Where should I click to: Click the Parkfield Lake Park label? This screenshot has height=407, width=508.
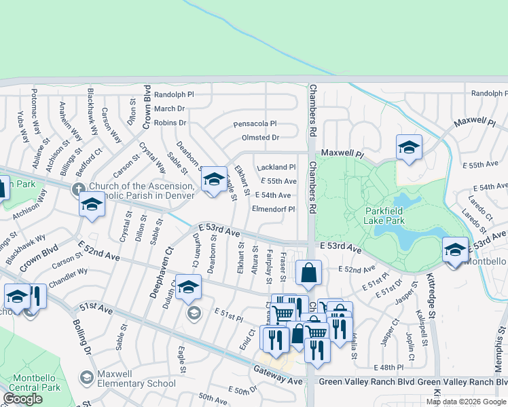[x=384, y=215]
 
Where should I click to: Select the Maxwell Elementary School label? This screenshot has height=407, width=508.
[x=136, y=379]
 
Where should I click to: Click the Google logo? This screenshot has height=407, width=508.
[x=22, y=399]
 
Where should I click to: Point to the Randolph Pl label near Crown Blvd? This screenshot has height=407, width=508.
[x=174, y=95]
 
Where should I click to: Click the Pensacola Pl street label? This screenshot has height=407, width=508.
[x=255, y=124]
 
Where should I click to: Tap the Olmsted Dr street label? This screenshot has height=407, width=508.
[x=261, y=138]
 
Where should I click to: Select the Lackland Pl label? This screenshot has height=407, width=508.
[x=276, y=167]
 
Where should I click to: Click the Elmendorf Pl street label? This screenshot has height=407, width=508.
[x=273, y=209]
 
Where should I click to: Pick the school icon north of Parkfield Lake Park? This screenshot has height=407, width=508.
[x=409, y=147]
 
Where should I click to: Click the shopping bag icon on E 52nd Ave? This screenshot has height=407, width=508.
[x=308, y=273]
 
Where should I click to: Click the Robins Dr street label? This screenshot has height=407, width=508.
[x=170, y=123]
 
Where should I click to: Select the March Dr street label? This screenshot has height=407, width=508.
[x=169, y=109]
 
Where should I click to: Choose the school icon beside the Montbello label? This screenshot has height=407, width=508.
[x=454, y=249]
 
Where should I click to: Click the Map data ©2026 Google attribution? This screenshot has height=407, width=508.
[x=465, y=402]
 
